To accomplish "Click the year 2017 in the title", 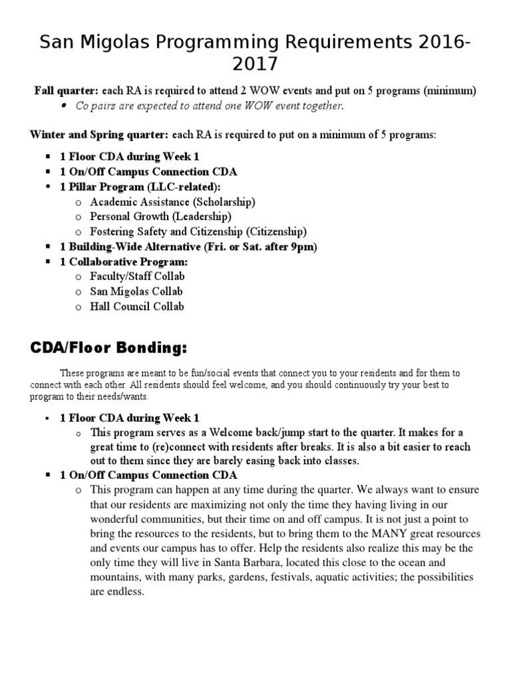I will point(255,65).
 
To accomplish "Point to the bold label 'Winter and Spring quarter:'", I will point(99,135).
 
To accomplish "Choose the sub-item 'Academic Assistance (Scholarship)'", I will point(172,202).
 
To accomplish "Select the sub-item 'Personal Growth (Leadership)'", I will point(160,217).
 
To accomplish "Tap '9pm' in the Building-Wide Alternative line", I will point(305,247).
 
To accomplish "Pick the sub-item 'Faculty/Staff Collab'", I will point(137,276).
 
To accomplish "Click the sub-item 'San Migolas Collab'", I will point(136,291).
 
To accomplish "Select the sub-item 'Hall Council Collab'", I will point(137,307).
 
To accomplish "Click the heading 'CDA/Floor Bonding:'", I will point(108,349).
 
